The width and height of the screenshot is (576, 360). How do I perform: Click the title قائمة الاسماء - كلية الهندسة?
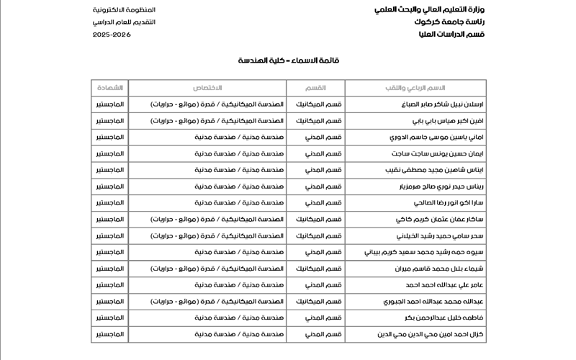288,60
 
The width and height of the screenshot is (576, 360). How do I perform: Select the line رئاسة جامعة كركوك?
449,22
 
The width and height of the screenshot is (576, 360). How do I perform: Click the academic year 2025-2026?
112,34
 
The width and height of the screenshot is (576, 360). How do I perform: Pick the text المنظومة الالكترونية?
124,9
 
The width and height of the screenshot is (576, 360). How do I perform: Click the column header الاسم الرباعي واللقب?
415,88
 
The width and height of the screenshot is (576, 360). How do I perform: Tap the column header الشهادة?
109,88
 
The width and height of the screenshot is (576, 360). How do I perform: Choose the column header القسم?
315,88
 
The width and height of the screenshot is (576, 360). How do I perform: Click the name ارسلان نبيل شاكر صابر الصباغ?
409,104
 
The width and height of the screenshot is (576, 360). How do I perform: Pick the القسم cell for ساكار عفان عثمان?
315,219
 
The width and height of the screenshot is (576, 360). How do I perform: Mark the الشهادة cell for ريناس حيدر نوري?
109,186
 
